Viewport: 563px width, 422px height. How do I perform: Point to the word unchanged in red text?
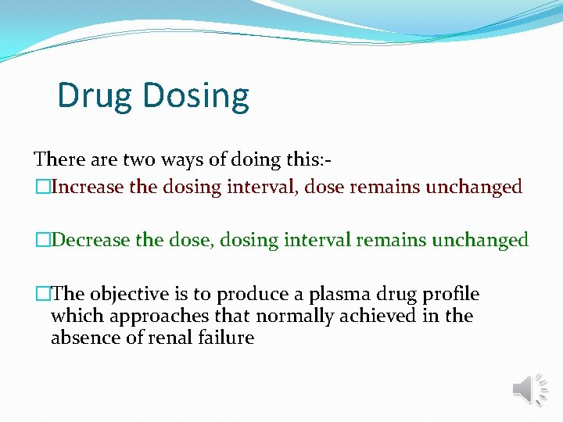(473, 188)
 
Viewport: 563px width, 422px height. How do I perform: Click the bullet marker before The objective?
(41, 295)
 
